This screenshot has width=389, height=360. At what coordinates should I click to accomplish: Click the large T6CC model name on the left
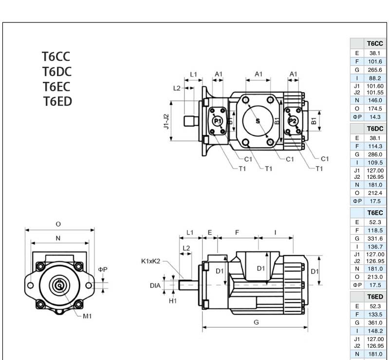56,57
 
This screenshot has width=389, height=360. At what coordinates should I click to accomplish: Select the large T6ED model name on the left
57,101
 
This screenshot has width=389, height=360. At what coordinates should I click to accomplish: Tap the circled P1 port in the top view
218,121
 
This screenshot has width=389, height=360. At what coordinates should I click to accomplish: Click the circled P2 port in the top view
293,121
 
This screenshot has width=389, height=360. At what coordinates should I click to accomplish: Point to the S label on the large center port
258,120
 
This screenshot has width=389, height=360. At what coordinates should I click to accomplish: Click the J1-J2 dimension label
166,121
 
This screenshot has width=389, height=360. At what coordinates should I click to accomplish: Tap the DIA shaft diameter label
155,285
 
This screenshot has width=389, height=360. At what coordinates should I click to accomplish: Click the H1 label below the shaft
173,301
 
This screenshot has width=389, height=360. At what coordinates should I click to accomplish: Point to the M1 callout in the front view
88,316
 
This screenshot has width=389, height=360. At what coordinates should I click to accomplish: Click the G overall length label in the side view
256,322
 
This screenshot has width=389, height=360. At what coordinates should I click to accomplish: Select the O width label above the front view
58,224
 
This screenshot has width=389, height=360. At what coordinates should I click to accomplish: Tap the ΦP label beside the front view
102,269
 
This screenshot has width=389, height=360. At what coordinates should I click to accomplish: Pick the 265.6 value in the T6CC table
375,70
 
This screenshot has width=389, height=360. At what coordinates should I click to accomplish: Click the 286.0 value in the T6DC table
375,154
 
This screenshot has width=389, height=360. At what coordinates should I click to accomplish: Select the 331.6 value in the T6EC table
375,239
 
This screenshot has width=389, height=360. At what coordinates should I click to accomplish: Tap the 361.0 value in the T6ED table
375,323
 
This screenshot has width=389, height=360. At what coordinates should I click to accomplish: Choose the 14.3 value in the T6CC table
375,117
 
